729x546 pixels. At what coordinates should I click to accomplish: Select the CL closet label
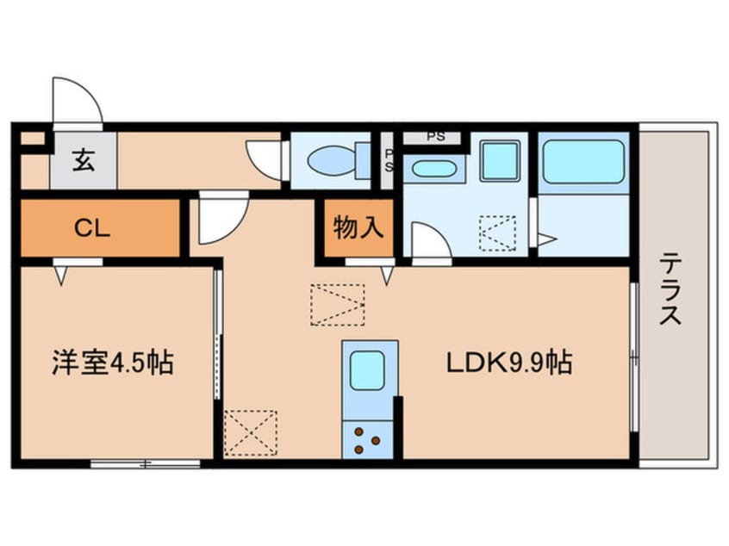pyautogui.click(x=92, y=228)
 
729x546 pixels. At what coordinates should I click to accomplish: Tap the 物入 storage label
pyautogui.click(x=358, y=227)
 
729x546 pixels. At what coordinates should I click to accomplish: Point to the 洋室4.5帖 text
pyautogui.click(x=113, y=363)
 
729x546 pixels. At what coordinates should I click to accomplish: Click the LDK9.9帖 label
pyautogui.click(x=509, y=363)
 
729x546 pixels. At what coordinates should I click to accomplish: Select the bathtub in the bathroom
pyautogui.click(x=584, y=161)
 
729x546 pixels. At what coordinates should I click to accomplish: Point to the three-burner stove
pyautogui.click(x=367, y=441)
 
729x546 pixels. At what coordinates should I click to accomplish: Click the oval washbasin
pyautogui.click(x=433, y=169)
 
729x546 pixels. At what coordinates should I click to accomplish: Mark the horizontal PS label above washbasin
pyautogui.click(x=436, y=137)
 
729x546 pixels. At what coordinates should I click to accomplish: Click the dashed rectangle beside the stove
pyautogui.click(x=250, y=433)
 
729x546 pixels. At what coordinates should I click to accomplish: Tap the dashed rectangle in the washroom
pyautogui.click(x=498, y=233)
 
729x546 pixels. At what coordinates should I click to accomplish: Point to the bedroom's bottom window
pyautogui.click(x=145, y=463)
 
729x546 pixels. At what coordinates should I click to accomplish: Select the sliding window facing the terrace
pyautogui.click(x=634, y=357)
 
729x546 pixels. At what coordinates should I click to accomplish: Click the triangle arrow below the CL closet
pyautogui.click(x=61, y=276)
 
